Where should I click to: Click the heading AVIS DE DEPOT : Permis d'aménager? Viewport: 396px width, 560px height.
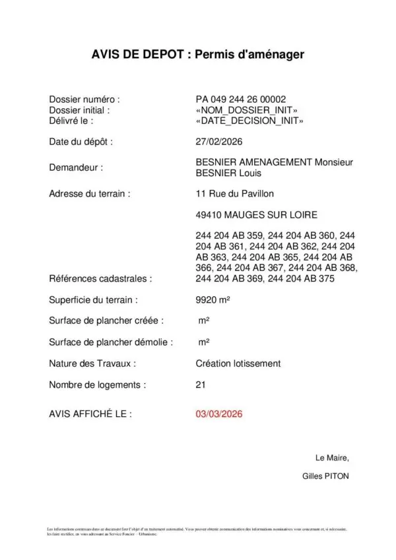pos(198,55)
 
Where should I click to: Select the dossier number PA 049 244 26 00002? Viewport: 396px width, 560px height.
pos(241,100)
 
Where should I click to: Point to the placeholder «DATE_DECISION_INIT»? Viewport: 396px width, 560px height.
pos(249,121)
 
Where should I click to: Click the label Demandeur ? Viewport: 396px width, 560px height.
pos(76,168)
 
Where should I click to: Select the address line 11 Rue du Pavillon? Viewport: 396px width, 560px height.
pos(235,194)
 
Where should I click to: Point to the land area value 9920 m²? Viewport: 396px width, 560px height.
pos(213,300)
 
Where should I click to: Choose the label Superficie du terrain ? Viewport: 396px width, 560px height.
pos(93,300)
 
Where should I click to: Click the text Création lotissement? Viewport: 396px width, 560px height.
pos(238,363)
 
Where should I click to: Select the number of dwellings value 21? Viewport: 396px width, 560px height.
pos(201,385)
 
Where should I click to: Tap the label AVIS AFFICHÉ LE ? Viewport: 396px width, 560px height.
pos(90,414)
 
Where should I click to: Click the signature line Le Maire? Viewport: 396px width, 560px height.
pos(333,458)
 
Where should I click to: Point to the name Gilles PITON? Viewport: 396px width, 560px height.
pos(325,476)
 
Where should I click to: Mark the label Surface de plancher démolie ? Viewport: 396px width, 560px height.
pos(111,342)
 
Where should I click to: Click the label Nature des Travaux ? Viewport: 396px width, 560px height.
pos(92,363)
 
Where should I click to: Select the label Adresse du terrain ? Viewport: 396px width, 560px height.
pos(90,194)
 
